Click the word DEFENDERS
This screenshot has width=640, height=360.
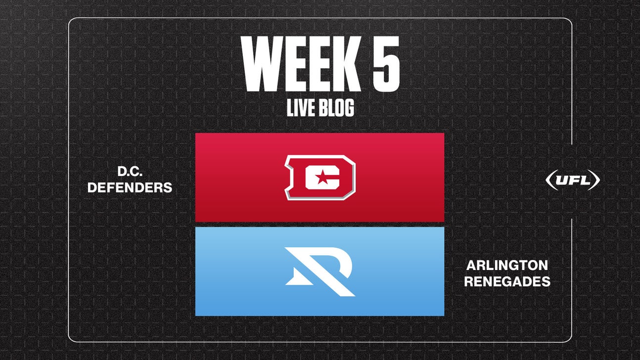[130, 188]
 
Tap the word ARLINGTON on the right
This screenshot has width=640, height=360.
[507, 266]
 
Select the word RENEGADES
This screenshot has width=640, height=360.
[507, 281]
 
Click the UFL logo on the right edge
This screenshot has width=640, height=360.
[572, 181]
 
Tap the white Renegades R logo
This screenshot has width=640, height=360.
[320, 271]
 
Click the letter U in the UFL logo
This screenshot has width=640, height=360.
[562, 181]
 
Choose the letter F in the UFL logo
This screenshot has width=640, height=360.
[574, 181]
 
